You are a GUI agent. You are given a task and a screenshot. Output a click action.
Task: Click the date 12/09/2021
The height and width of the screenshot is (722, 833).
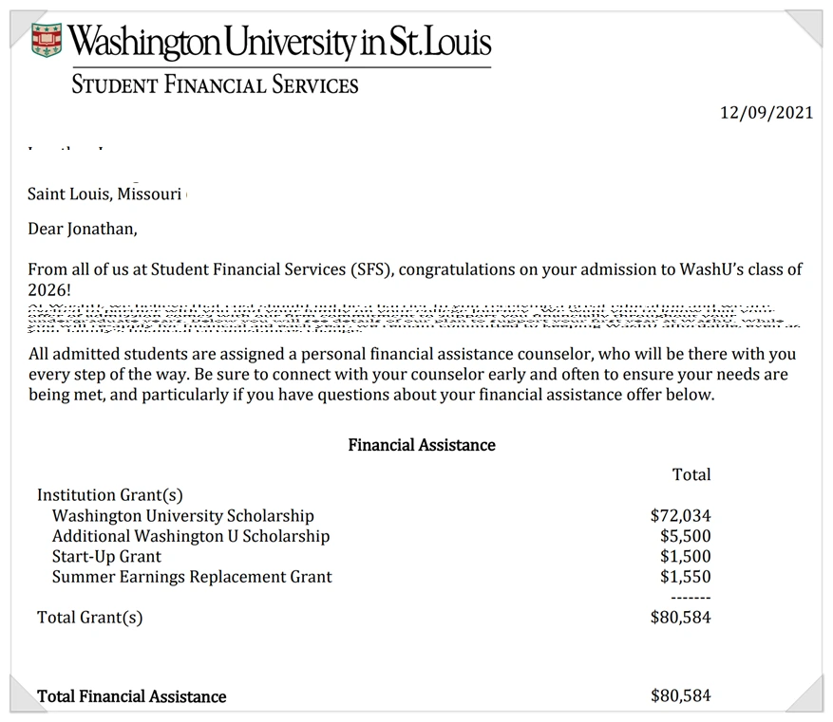pos(767,112)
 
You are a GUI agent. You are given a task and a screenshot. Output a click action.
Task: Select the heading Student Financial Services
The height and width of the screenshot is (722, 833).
pos(216,84)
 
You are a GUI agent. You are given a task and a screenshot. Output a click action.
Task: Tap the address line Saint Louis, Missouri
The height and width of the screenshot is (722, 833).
pos(104,194)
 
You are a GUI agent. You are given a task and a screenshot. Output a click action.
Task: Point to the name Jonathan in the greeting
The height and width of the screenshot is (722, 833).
pos(100,229)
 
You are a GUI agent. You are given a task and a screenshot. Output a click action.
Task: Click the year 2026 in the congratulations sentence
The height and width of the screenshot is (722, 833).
pos(48,289)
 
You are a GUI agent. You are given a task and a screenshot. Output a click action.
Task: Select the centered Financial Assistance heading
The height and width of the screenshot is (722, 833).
pos(422,444)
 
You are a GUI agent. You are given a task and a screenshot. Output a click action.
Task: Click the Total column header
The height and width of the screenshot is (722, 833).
pos(691,474)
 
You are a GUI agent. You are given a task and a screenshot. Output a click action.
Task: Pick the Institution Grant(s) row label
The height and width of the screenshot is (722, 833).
pos(109,494)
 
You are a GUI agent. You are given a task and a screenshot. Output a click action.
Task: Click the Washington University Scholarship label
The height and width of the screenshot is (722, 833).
pos(182,516)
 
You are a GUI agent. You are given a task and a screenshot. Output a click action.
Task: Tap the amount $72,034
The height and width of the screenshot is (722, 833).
pos(680,516)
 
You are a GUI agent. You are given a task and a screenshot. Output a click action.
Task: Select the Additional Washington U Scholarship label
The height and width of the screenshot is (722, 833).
pos(191,536)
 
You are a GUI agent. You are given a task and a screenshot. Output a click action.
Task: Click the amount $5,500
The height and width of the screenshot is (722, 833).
pos(685,536)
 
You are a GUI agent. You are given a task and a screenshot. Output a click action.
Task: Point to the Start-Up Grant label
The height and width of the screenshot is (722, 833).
pos(106,556)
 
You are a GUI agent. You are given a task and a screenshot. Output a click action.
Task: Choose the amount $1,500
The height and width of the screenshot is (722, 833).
pos(685,556)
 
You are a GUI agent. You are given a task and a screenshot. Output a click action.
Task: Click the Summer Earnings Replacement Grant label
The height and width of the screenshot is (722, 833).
pos(192,576)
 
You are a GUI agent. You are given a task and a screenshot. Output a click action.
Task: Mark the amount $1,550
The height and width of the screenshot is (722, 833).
pos(685,576)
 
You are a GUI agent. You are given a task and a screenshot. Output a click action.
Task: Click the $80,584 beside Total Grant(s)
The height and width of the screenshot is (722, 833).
pos(680,618)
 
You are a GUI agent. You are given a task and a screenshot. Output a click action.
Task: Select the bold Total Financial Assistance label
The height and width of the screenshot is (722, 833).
pos(132,696)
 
